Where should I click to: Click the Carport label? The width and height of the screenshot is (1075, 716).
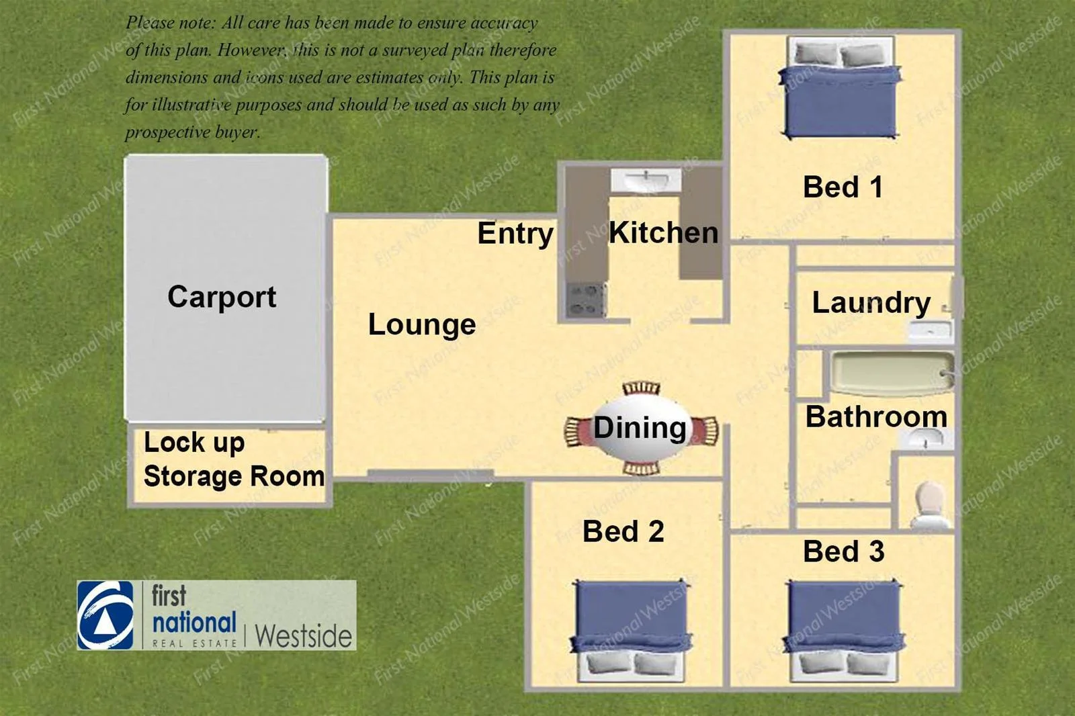coord(222,298)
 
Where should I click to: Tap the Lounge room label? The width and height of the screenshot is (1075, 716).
coord(422,325)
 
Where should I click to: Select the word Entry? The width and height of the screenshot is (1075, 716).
coord(515,234)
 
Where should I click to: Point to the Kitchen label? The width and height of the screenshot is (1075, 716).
coord(664,233)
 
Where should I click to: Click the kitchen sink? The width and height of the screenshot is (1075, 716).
coord(646,181)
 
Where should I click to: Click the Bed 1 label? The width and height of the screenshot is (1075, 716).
coord(843,187)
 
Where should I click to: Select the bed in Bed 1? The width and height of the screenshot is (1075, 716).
coord(841,88)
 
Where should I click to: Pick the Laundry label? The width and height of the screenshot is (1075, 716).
coord(871,304)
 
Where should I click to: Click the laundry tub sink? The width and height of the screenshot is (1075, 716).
coord(930,330)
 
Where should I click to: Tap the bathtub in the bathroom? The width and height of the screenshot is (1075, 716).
coord(892,374)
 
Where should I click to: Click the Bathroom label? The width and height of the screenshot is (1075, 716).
coord(876,416)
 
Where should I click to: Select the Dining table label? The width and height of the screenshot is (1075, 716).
coord(640,427)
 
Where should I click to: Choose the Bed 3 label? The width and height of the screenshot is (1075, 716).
coord(844,551)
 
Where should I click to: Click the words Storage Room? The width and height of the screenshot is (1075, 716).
coord(234,476)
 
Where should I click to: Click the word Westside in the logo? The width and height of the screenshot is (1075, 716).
coord(303,636)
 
